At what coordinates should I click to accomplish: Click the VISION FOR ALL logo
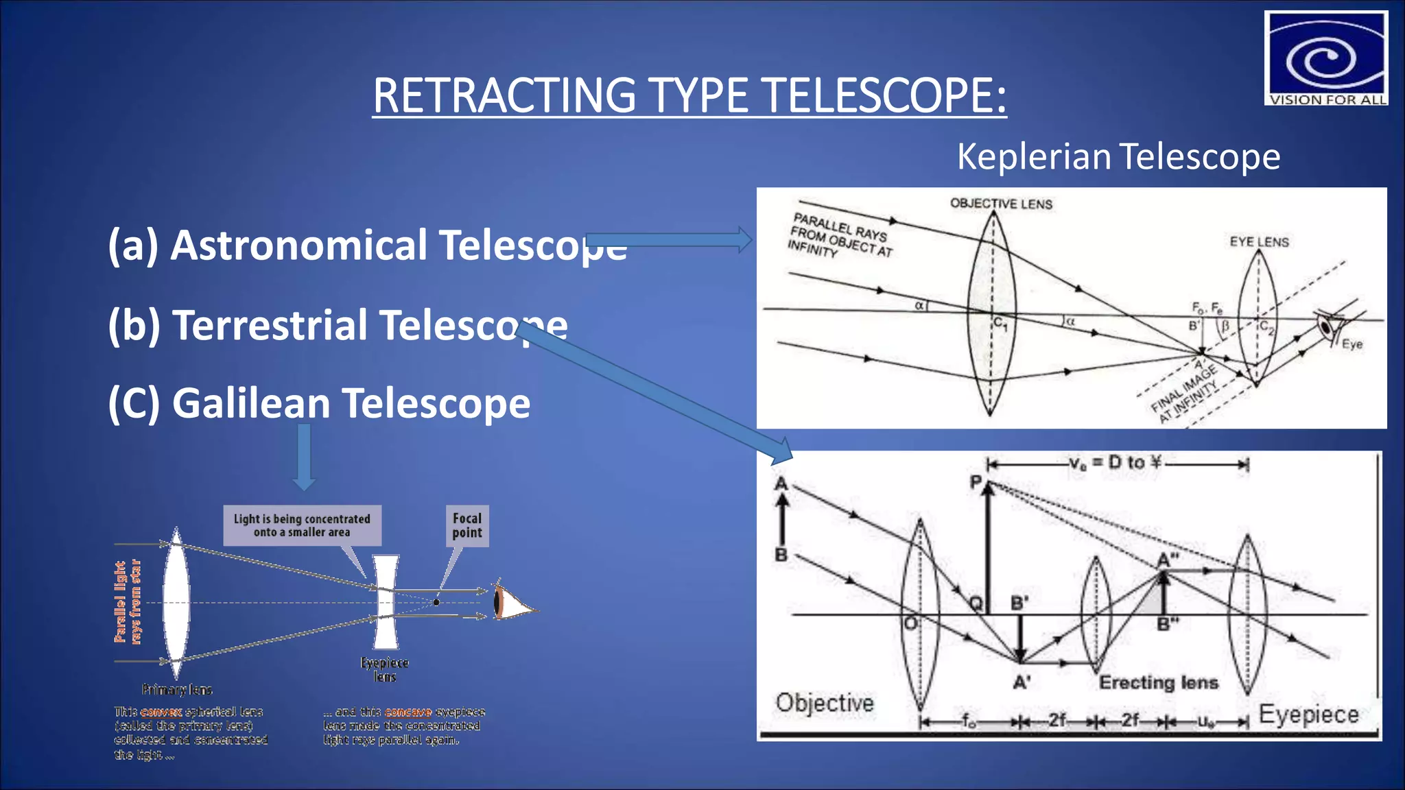(1325, 58)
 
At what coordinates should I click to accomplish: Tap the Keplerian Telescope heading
(1118, 157)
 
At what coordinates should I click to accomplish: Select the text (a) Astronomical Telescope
(367, 246)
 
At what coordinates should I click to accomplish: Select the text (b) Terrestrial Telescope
(338, 324)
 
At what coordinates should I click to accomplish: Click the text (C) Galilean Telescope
(319, 403)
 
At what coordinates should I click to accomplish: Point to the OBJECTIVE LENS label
(1001, 204)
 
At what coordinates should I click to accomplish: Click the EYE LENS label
(1259, 242)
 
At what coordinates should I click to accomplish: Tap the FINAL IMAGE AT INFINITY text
(1185, 393)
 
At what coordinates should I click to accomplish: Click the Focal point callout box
(467, 526)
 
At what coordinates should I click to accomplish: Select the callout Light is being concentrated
(302, 525)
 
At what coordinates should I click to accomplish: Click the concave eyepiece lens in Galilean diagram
(386, 602)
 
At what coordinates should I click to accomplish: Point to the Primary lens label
(177, 689)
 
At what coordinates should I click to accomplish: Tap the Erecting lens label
(1159, 682)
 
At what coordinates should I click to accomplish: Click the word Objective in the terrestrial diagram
(825, 703)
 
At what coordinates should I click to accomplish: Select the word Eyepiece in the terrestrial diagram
(1308, 715)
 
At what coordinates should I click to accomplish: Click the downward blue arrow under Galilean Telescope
(304, 457)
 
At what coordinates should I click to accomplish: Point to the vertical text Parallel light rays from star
(128, 602)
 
